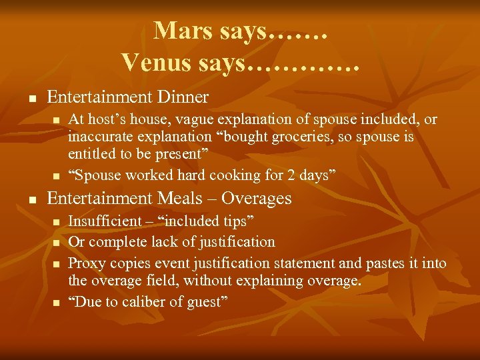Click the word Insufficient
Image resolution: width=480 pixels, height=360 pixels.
pyautogui.click(x=103, y=221)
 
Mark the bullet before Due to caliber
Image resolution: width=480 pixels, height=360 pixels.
pyautogui.click(x=56, y=304)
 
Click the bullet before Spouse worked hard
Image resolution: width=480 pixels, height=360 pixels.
pyautogui.click(x=56, y=177)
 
